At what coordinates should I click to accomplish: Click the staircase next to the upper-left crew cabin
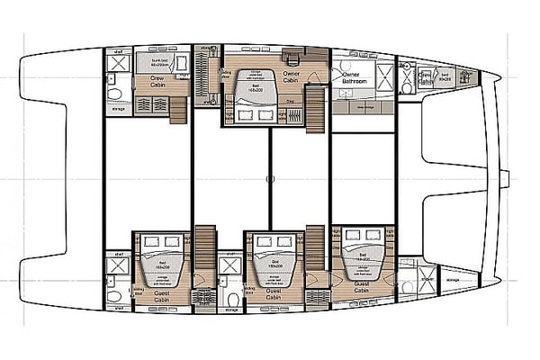pos(177,109)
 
